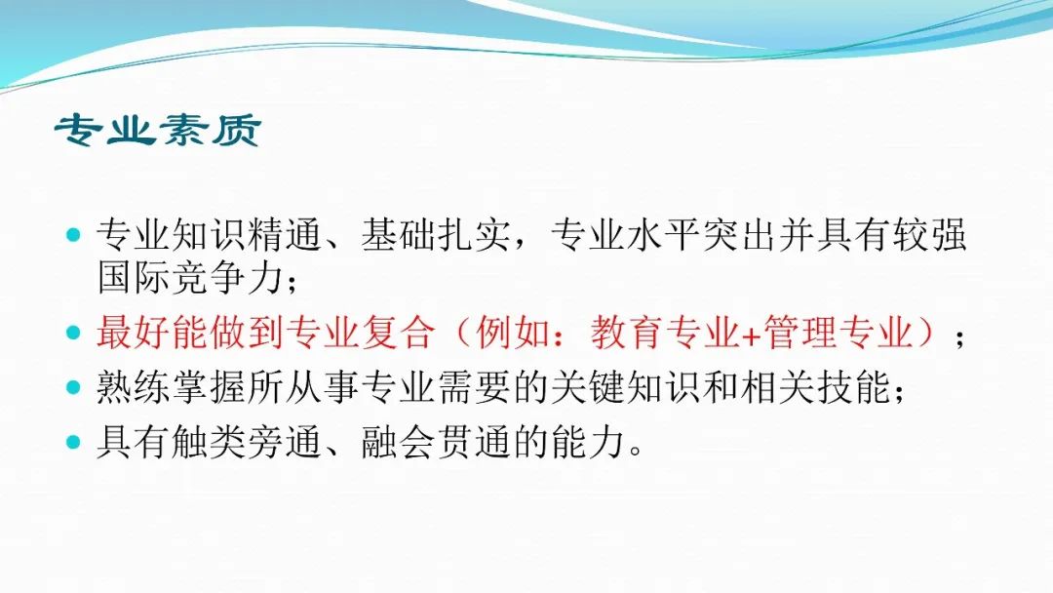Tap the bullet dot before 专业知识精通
pos(74,235)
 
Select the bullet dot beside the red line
pos(74,333)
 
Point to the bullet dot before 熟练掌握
pos(74,387)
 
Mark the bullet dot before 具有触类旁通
pos(74,442)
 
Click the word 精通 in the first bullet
pos(286,235)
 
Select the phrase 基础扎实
pos(436,235)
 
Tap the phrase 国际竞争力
pos(190,277)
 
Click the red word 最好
pos(134,333)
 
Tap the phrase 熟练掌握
pos(172,387)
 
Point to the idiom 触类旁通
pos(247,442)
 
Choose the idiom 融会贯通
pos(436,442)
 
